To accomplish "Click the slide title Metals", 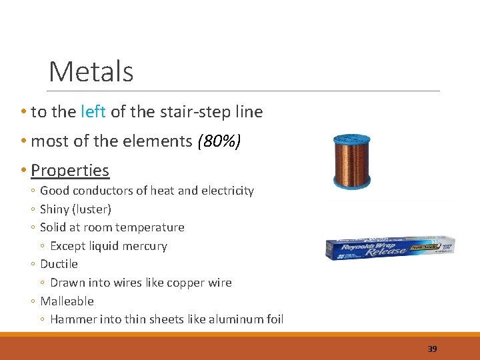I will (x=91, y=71).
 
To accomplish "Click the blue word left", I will (x=93, y=112).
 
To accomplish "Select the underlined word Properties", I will (x=70, y=170).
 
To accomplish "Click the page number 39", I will (x=432, y=349).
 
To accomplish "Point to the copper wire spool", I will (x=351, y=161).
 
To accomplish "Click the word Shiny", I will (x=56, y=209).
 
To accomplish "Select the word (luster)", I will (x=93, y=209).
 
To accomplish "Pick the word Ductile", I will (x=59, y=264).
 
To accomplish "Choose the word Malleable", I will (x=67, y=301).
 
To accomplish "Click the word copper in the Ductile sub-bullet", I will (x=183, y=283).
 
